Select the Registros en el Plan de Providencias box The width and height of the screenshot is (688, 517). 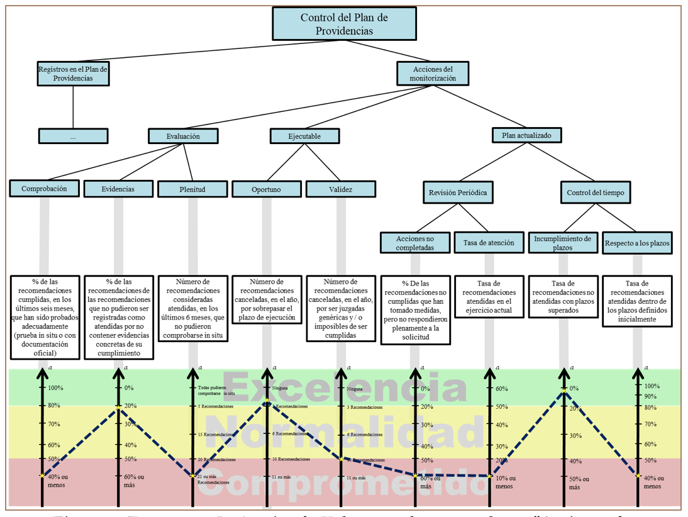tap(73, 74)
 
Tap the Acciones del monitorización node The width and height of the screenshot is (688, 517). tap(433, 74)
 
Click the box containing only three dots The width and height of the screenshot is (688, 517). tap(73, 136)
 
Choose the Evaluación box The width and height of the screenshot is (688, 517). tap(183, 136)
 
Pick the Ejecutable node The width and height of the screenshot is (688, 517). tap(304, 136)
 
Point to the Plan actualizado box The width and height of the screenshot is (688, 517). tap(527, 135)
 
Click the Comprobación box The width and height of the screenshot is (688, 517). tap(44, 188)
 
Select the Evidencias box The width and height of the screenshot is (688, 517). tap(118, 189)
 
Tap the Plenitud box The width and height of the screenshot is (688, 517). tap(192, 189)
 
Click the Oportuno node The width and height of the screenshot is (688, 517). tap(266, 189)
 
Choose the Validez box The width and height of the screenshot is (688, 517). tap(340, 189)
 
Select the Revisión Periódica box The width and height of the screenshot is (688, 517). tap(457, 192)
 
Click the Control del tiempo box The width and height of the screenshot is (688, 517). tap(595, 192)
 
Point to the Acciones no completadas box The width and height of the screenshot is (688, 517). tap(415, 243)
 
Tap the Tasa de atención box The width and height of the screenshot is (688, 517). tap(489, 243)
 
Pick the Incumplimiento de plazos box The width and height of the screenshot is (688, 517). tap(562, 243)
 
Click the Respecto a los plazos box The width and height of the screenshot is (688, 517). tap(636, 243)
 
